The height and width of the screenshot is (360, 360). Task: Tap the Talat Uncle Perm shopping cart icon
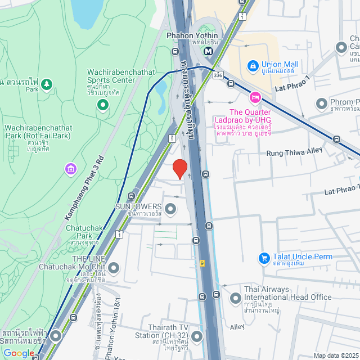(263, 258)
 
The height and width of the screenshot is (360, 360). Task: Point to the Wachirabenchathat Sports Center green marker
(102, 104)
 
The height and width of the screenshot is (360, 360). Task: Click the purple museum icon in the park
(70, 169)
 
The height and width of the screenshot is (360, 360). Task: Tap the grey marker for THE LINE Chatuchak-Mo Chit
(114, 267)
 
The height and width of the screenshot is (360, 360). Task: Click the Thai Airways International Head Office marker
(234, 298)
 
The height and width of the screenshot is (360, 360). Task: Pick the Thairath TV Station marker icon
(197, 336)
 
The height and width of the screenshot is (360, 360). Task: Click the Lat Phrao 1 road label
(292, 85)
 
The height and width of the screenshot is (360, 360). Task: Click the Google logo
(19, 353)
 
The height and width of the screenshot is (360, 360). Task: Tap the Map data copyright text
(336, 355)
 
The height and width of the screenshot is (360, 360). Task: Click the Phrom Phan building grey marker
(321, 103)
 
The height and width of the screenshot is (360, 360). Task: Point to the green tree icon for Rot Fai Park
(47, 83)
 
